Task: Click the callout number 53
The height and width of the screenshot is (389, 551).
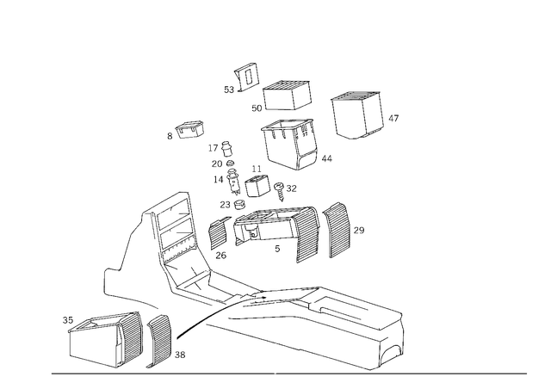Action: [229, 90]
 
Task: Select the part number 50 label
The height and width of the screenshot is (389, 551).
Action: [257, 108]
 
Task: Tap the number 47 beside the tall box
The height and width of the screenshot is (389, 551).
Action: [393, 118]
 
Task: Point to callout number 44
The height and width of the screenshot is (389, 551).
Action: [326, 158]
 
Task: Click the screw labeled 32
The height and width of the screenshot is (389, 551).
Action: [279, 191]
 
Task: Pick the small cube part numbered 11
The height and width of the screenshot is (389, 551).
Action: [257, 186]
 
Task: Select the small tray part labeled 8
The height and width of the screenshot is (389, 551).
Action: [190, 129]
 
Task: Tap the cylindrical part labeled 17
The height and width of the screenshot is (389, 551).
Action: [226, 149]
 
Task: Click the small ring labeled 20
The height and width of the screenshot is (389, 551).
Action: [230, 163]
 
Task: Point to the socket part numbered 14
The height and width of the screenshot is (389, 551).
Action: [233, 182]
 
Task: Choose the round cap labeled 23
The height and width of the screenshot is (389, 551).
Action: [239, 204]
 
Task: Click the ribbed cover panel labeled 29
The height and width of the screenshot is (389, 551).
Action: [337, 230]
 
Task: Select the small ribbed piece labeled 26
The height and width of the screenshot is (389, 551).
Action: [220, 232]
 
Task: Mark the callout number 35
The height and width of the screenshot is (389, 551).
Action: [68, 320]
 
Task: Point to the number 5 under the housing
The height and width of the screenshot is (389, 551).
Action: [277, 249]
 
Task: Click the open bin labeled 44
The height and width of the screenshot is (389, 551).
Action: [289, 144]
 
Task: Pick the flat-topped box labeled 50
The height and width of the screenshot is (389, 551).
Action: [287, 96]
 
